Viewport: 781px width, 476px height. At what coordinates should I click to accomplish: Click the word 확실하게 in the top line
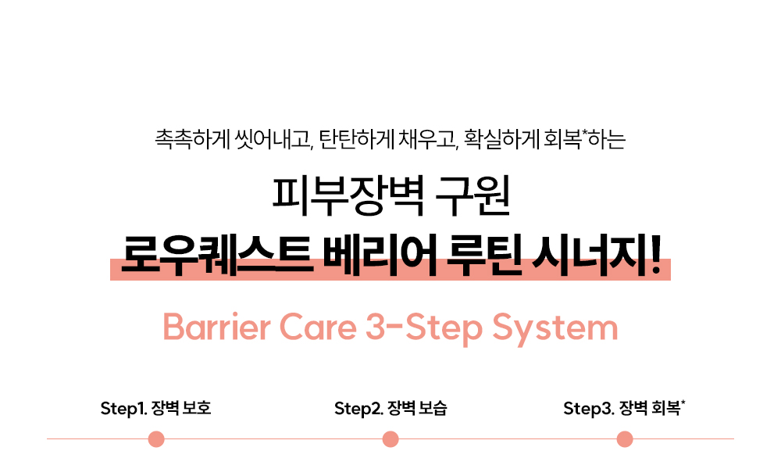point(501,139)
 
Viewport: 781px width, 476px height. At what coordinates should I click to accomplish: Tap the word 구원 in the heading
point(473,195)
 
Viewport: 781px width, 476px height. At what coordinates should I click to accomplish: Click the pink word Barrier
point(216,327)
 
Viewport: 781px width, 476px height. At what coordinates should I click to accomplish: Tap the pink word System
point(555,329)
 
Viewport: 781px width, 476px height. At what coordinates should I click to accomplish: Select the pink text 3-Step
point(424,329)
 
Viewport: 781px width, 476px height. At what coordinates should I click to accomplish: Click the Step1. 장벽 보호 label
point(156,408)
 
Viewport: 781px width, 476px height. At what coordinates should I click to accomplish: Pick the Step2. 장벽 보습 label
point(390,408)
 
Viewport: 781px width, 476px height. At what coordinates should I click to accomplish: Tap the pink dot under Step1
point(156,439)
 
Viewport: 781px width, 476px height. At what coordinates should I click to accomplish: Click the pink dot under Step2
point(390,439)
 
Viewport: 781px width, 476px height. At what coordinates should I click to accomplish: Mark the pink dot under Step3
point(625,439)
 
